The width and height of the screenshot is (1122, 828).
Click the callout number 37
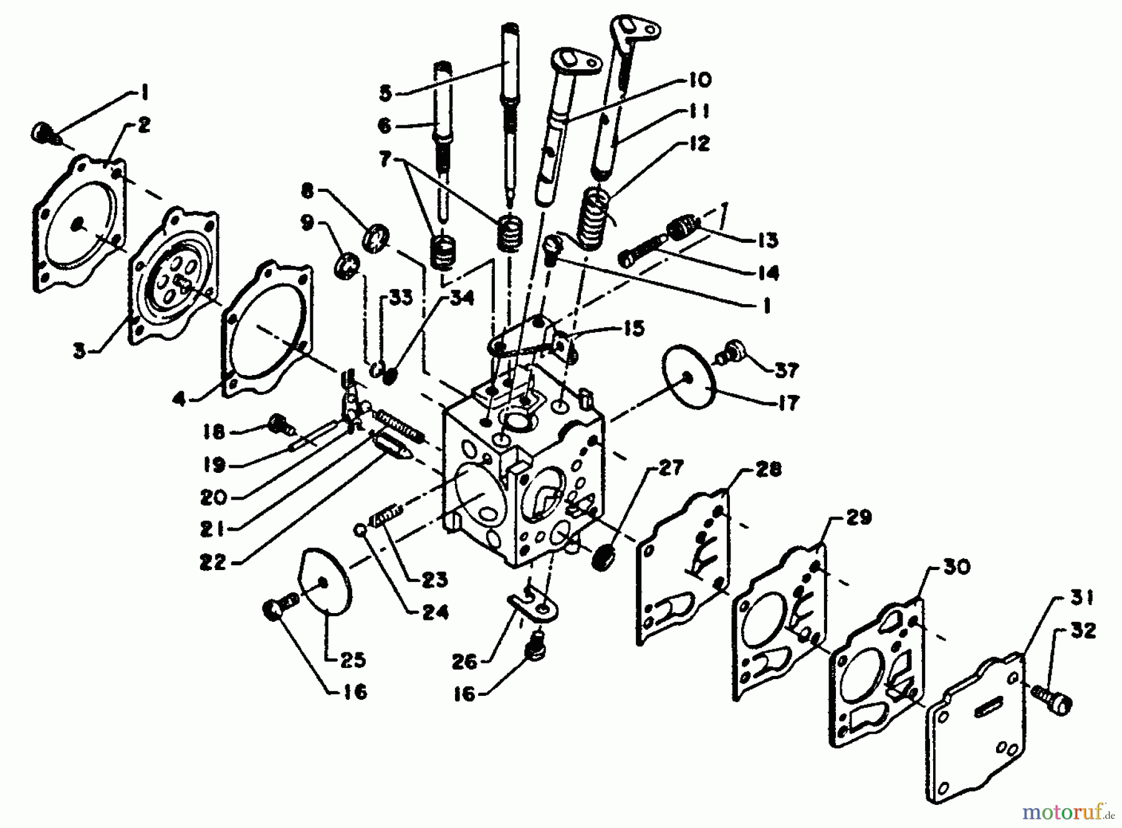[786, 370]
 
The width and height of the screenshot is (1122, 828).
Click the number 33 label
[401, 298]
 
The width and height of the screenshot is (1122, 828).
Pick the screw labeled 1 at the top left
[42, 133]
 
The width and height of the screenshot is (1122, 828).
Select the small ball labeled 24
[360, 530]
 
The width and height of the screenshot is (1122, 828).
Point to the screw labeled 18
[276, 424]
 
